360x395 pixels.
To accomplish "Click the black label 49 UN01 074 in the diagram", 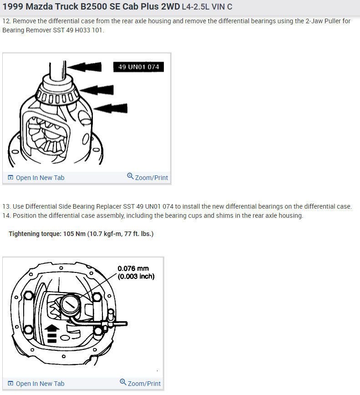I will coord(138,67).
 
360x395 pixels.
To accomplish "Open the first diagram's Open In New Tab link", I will coord(36,178).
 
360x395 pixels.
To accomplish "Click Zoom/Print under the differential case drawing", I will coord(147,178).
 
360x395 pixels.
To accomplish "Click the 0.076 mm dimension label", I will coord(133,269).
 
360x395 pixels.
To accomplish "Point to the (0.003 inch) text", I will coord(136,277).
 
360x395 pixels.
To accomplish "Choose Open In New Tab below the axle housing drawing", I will coord(36,383).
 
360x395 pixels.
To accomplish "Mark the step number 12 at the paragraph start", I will coord(6,21).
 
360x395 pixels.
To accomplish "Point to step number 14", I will coord(6,215).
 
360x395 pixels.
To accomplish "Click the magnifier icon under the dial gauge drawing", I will coord(123,382).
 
